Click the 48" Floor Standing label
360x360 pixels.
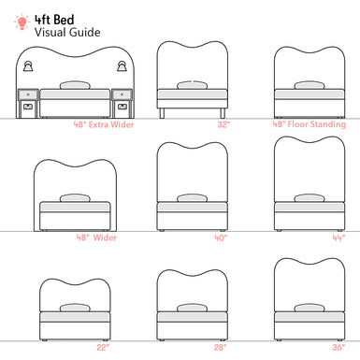[310, 124]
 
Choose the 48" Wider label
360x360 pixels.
[96, 238]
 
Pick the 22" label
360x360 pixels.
[103, 348]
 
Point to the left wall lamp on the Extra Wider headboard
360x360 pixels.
[29, 66]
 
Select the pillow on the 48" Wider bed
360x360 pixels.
[75, 198]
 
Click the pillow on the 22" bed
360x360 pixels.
[75, 308]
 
